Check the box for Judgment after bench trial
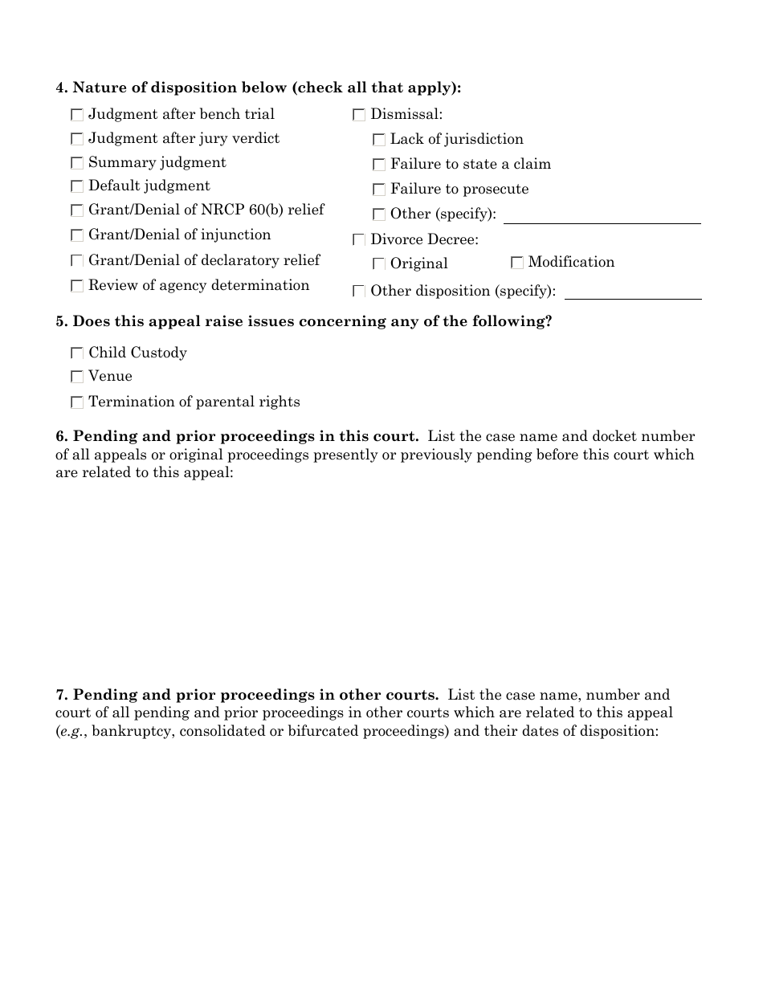coord(77,115)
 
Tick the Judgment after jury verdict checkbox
coord(77,139)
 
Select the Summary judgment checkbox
coord(77,163)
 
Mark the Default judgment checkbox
coord(77,186)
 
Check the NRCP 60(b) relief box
coord(77,210)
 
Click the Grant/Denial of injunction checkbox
coord(77,235)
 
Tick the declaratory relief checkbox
coord(77,261)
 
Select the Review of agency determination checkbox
coord(77,286)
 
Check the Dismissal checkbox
coord(359,116)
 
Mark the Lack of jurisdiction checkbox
coord(379,140)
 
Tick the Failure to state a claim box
coord(379,165)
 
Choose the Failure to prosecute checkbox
coord(379,190)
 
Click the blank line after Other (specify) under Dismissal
coord(602,216)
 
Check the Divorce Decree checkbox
coord(359,240)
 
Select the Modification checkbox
coord(517,263)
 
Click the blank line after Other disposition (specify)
coord(633,292)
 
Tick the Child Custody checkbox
coord(77,353)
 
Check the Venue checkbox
coord(77,377)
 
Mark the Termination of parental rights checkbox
coord(77,402)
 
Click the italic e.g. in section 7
coord(71,732)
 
